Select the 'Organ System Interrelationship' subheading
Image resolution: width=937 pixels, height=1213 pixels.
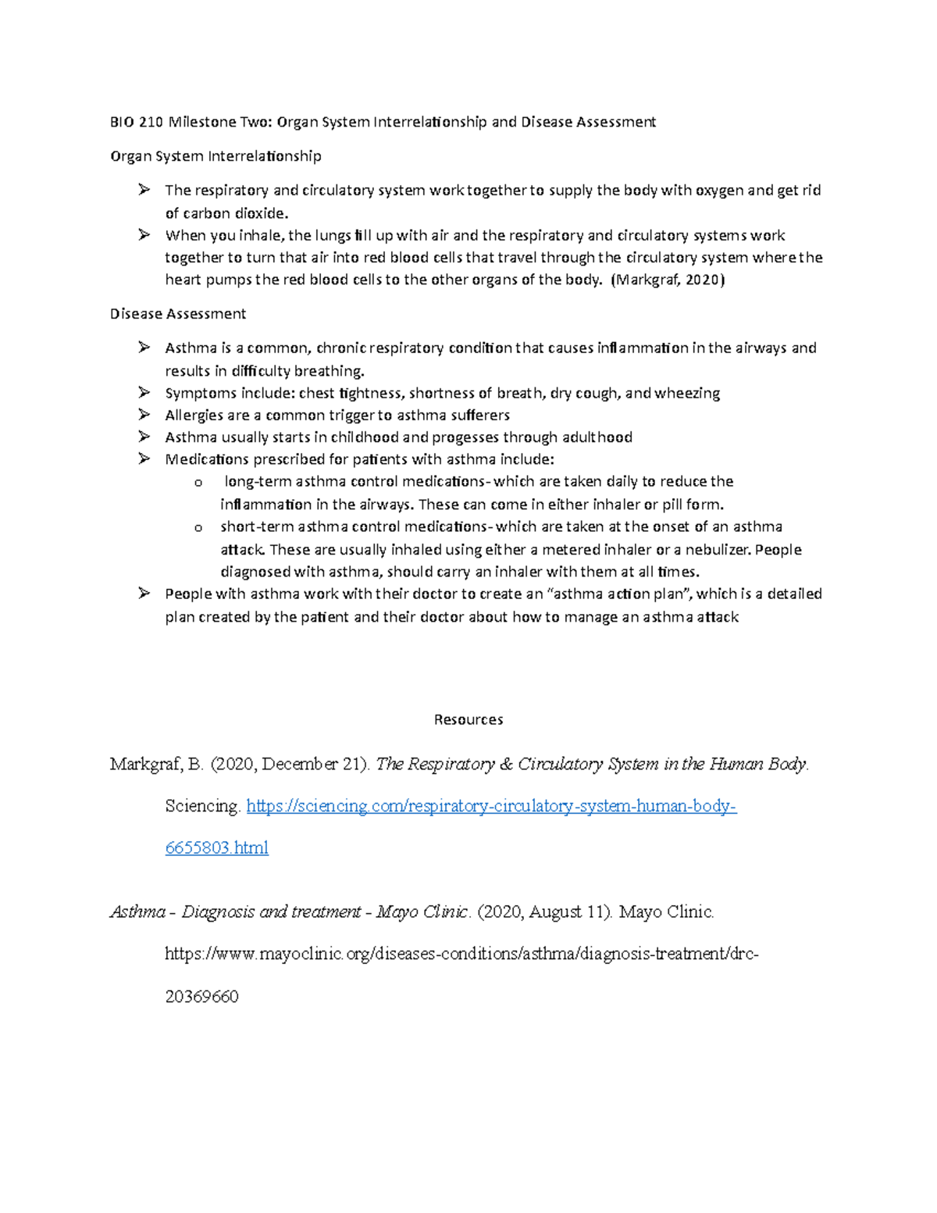pyautogui.click(x=216, y=156)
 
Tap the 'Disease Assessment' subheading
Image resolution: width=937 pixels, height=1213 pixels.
pyautogui.click(x=178, y=314)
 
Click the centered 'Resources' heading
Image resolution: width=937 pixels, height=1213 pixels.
pyautogui.click(x=468, y=719)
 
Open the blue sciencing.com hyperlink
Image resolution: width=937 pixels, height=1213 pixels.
pyautogui.click(x=491, y=806)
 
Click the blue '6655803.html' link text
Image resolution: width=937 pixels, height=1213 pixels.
pyautogui.click(x=216, y=847)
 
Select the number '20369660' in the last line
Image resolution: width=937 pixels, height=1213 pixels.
pyautogui.click(x=201, y=997)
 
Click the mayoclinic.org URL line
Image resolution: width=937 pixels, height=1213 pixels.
pyautogui.click(x=461, y=954)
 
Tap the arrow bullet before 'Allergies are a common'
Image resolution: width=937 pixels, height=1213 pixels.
pyautogui.click(x=144, y=415)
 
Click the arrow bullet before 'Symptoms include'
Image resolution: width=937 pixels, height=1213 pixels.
pyautogui.click(x=144, y=392)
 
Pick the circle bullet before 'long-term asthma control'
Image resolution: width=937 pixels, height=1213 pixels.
pyautogui.click(x=198, y=483)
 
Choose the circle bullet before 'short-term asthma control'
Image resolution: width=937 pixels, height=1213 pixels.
pyautogui.click(x=198, y=527)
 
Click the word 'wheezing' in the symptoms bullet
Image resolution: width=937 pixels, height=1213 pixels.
pyautogui.click(x=687, y=393)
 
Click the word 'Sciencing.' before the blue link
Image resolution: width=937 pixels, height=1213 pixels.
pyautogui.click(x=203, y=806)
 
